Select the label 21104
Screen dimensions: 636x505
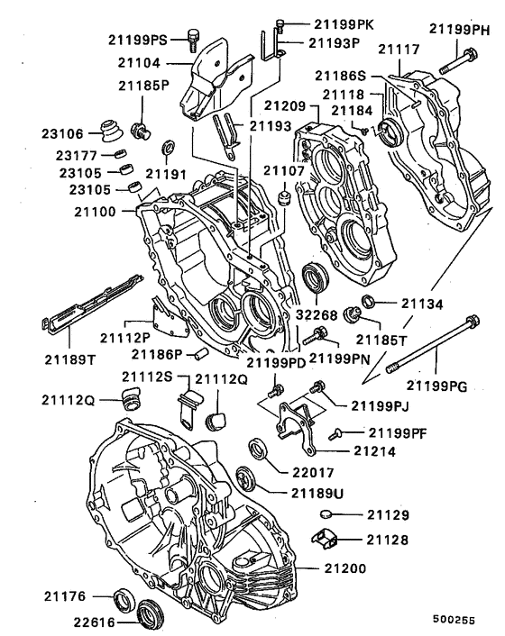click(157, 65)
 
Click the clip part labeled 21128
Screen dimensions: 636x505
click(326, 541)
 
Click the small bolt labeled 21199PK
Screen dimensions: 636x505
click(282, 23)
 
